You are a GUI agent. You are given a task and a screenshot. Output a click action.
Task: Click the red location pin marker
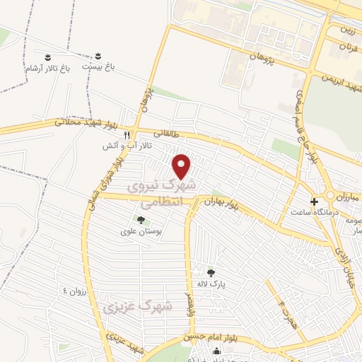(182, 166)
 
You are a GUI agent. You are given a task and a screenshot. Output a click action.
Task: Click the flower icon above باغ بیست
(98, 56)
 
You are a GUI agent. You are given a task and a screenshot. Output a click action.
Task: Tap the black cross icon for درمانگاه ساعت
(315, 201)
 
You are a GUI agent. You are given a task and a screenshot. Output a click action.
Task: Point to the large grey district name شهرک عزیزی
(137, 307)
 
